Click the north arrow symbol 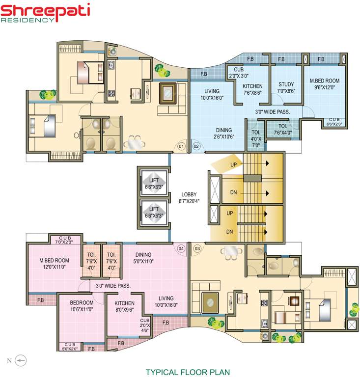(x=19, y=361)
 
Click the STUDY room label (x=286, y=87)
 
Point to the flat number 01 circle (x=181, y=146)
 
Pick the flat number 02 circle (x=195, y=146)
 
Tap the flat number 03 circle (x=197, y=248)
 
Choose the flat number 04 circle (x=181, y=248)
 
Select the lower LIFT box (x=155, y=212)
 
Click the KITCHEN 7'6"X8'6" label (x=253, y=89)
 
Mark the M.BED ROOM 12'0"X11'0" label (x=54, y=264)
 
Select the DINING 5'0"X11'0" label (x=143, y=258)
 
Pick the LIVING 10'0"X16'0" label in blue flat (x=212, y=94)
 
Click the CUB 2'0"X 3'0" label (x=239, y=73)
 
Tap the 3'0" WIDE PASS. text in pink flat (x=112, y=285)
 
